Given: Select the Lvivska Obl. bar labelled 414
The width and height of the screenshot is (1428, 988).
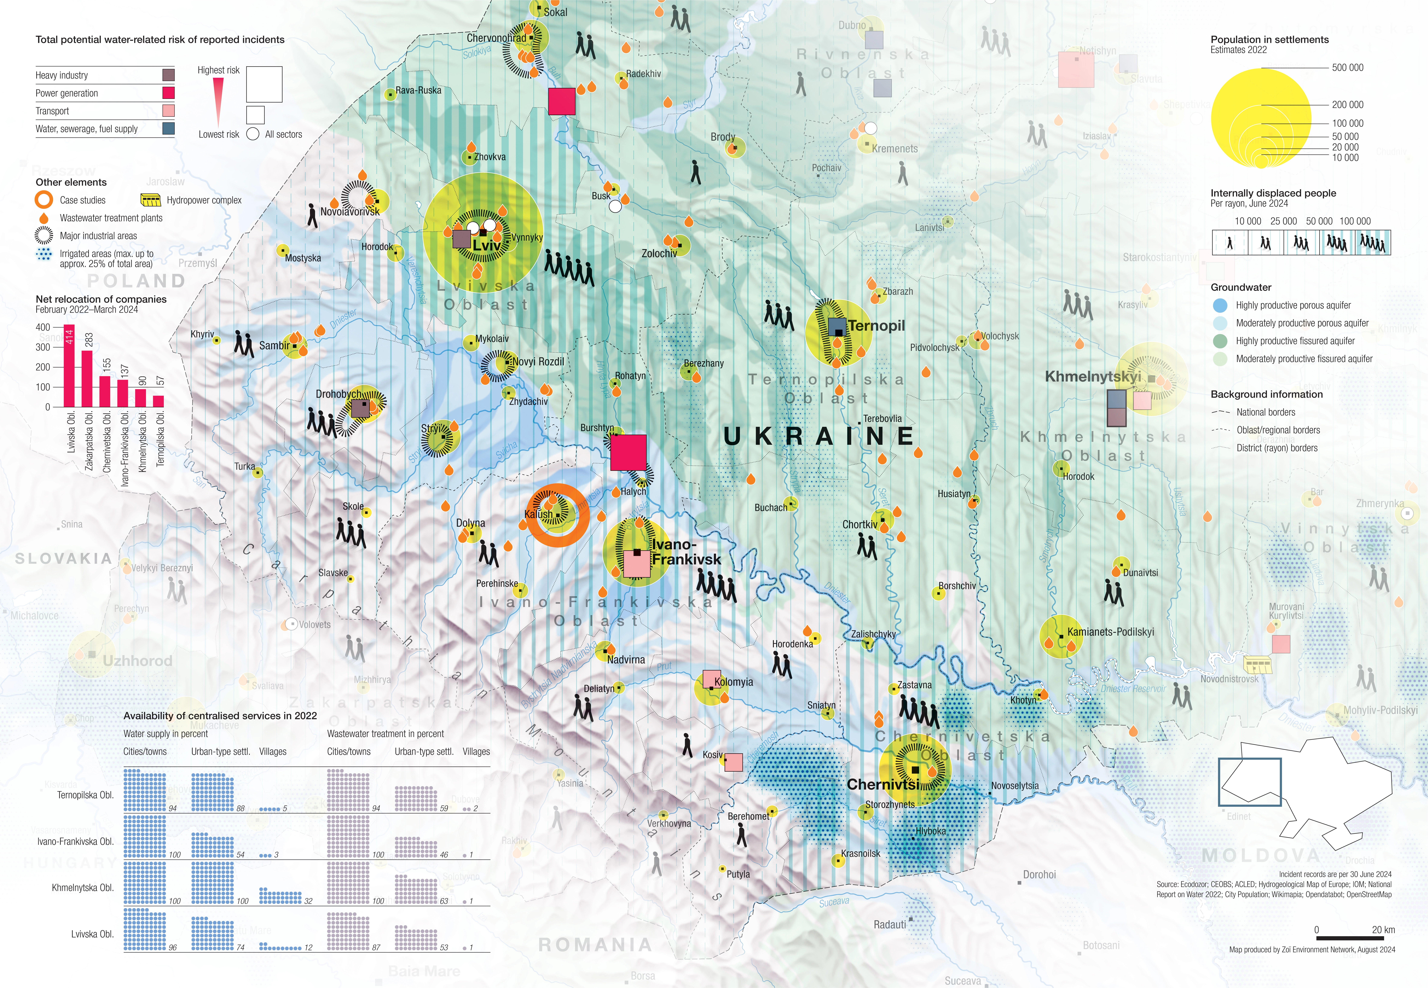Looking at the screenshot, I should tap(69, 365).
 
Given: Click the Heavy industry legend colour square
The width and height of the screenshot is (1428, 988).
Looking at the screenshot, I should tap(168, 75).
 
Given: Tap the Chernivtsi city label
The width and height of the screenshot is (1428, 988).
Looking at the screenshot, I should tap(883, 784).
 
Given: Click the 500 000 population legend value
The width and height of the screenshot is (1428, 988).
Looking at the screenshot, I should tap(1347, 67).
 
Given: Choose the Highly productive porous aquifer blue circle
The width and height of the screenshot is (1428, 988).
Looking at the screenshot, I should tap(1220, 305).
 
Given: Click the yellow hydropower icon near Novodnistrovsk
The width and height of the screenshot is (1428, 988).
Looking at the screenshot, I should tap(1258, 665).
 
